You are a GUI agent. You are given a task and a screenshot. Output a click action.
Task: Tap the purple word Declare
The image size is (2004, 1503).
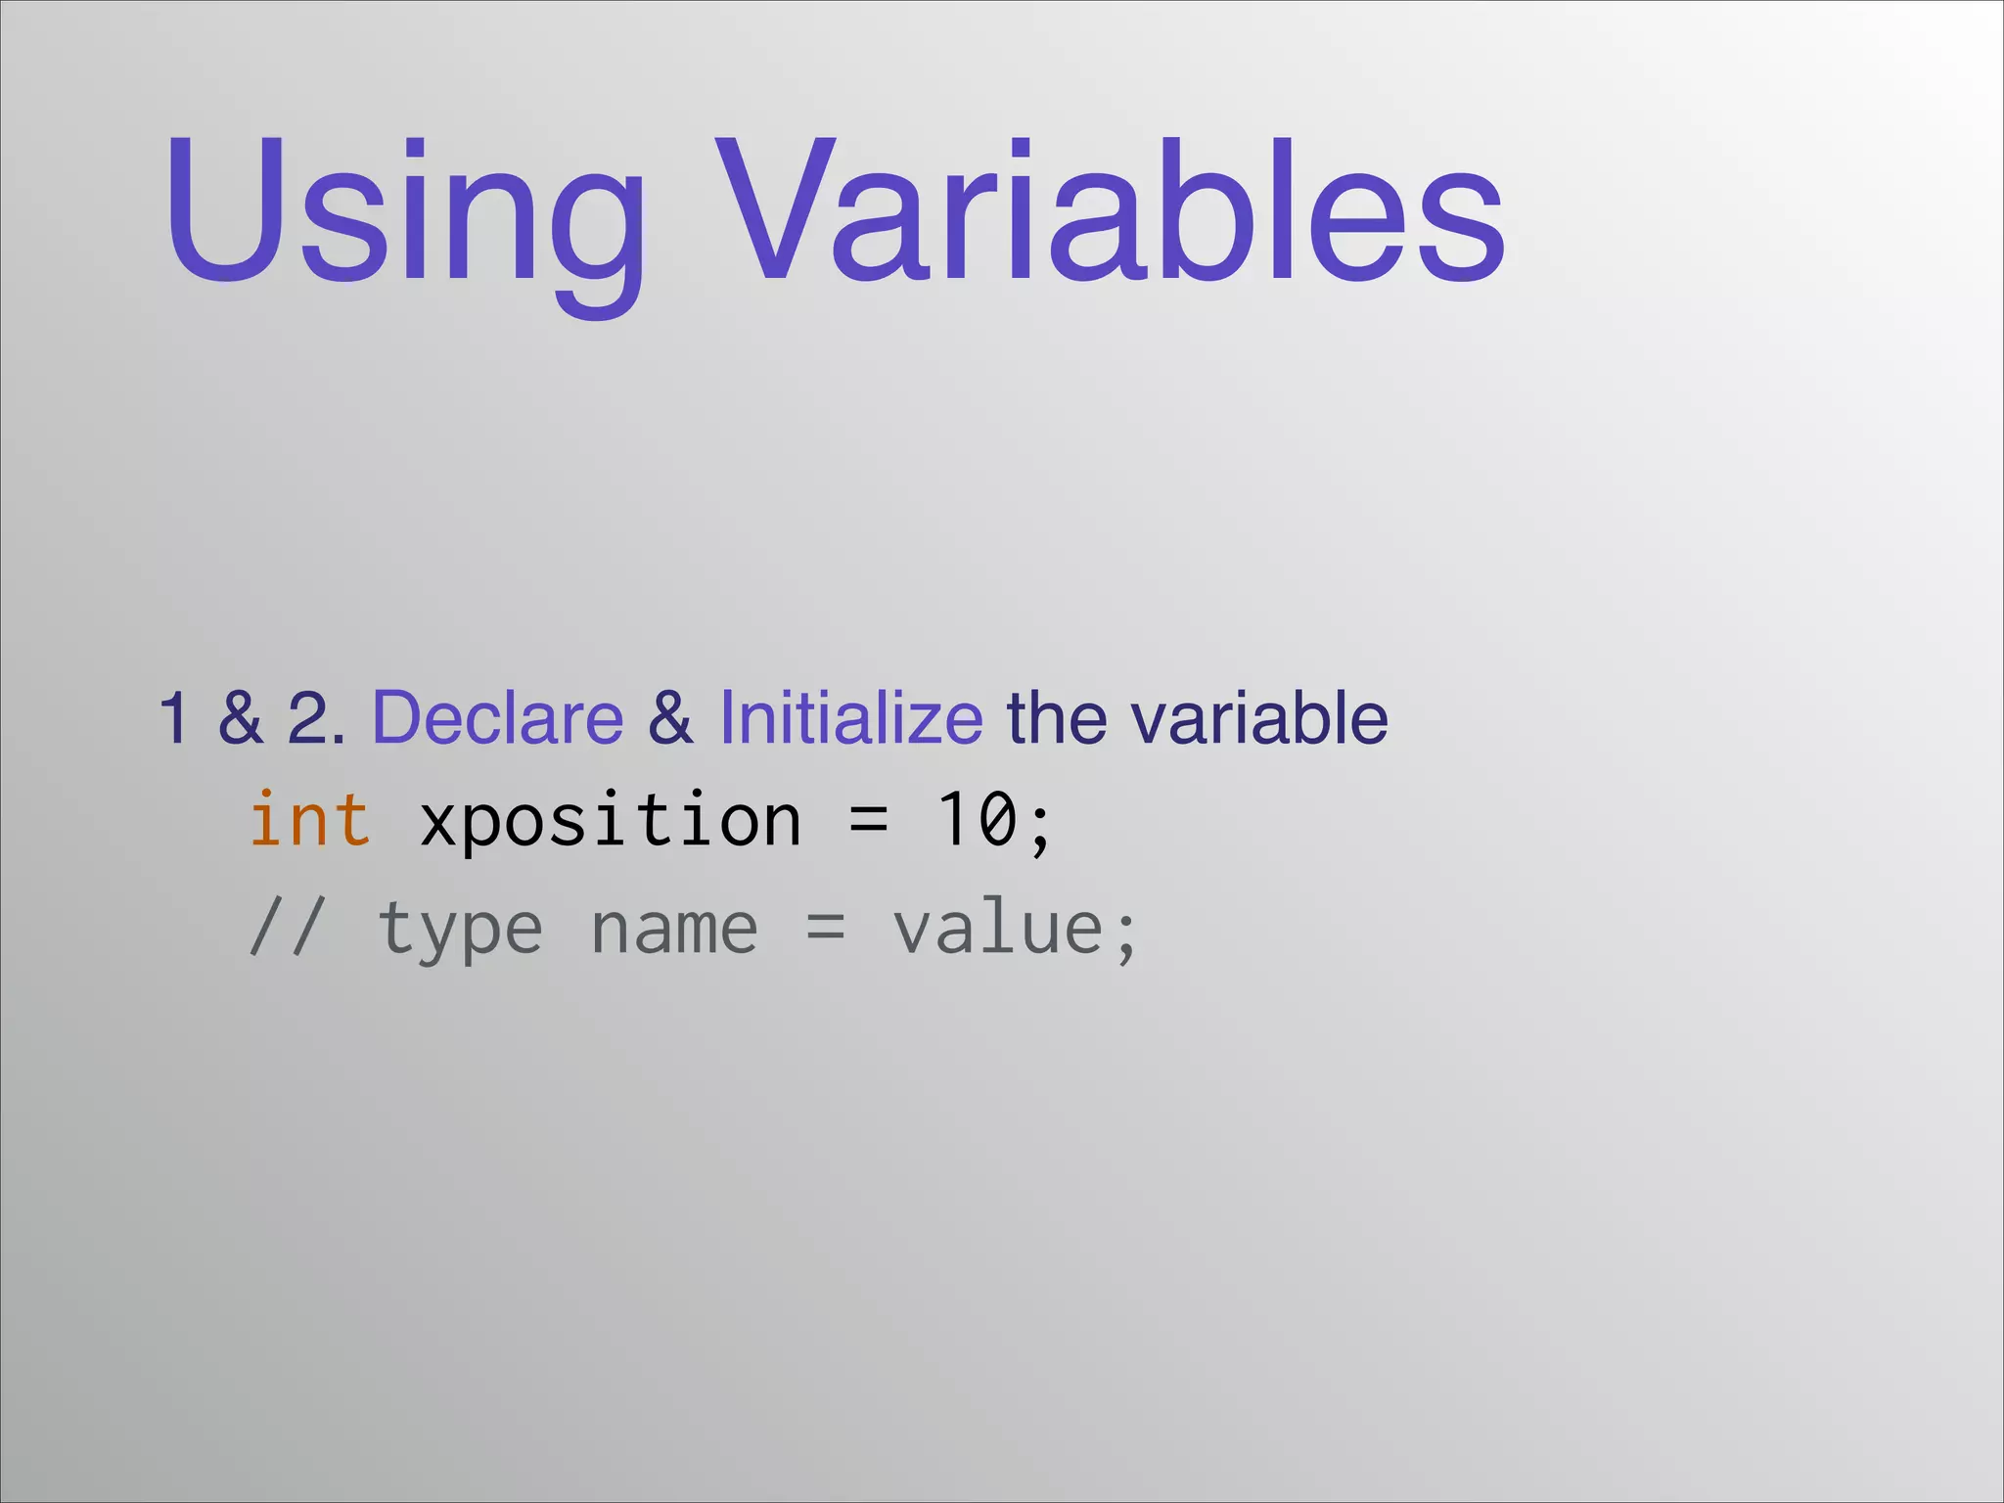498,718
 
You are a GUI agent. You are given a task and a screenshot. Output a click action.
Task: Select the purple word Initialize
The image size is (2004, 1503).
850,718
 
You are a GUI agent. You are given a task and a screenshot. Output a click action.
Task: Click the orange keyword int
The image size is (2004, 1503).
309,820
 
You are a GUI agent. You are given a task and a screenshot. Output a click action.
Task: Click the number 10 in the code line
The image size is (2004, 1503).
977,820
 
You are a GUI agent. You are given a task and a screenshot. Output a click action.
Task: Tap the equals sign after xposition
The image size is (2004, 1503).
869,820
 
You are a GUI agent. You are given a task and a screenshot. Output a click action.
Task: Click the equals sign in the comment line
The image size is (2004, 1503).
825,928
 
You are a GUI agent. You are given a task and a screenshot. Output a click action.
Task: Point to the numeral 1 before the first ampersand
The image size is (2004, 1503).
174,718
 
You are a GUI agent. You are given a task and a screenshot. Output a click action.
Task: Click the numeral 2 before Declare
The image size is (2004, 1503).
309,718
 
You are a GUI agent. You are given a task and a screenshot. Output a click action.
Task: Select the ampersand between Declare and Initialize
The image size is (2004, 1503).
670,718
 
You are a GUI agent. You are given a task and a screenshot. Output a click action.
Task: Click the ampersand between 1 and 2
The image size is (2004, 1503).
240,718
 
